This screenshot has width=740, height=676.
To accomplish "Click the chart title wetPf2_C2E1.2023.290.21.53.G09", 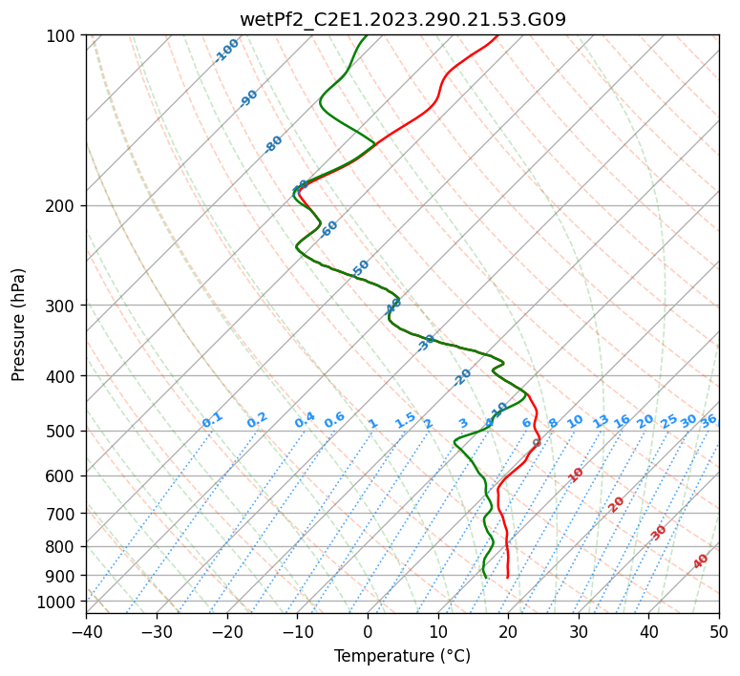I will [402, 19].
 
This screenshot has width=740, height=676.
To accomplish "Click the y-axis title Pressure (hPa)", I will [19, 325].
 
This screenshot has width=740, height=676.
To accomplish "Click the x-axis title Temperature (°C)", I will [402, 657].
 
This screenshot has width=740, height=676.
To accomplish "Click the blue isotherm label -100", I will [227, 51].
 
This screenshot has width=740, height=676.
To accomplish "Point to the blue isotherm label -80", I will [274, 144].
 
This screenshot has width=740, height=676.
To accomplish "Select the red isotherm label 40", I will [701, 561].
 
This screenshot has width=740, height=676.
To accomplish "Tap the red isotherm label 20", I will [617, 503].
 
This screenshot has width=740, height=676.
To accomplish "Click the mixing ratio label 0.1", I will [213, 420].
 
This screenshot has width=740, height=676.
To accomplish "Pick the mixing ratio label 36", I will [708, 420].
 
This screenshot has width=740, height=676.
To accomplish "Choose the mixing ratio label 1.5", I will [406, 420].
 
